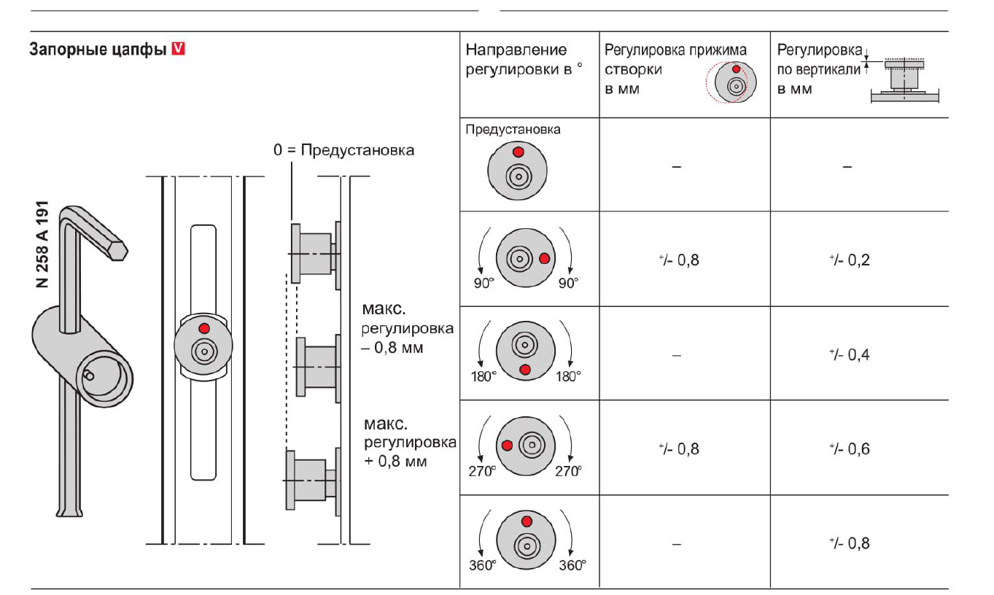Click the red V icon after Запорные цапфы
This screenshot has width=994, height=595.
point(179,50)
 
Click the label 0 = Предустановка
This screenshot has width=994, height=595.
point(343,150)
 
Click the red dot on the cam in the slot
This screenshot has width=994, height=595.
point(204,327)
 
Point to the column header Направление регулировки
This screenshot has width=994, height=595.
point(516,59)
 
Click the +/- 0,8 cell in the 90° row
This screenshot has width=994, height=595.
point(677,260)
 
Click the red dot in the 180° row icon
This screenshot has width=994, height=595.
point(525,370)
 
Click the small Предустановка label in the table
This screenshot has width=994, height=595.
point(513,130)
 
